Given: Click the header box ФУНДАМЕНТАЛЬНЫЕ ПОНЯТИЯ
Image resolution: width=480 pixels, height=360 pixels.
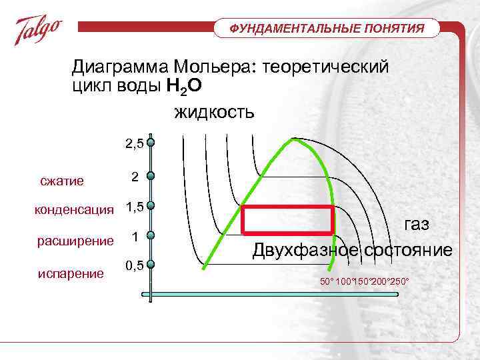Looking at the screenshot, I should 327,29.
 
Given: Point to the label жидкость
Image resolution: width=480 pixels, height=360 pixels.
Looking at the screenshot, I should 214,111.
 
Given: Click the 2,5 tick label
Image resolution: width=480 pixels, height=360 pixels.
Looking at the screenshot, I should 134,143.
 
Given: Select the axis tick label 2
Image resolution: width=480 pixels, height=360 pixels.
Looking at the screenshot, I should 135,177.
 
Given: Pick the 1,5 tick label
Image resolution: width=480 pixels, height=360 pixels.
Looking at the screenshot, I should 134,207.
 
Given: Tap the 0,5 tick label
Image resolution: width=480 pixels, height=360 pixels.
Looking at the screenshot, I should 134,265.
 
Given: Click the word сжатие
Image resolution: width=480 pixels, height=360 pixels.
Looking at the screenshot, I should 61,181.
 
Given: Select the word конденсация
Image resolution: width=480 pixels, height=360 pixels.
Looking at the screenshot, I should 74,210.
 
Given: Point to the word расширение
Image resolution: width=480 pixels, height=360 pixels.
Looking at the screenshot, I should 75,240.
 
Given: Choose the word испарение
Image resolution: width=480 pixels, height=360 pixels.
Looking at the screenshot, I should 70,273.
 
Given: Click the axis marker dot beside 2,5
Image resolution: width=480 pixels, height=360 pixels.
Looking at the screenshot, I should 152,143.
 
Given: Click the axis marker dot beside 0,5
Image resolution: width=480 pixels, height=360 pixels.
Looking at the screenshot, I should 152,265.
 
